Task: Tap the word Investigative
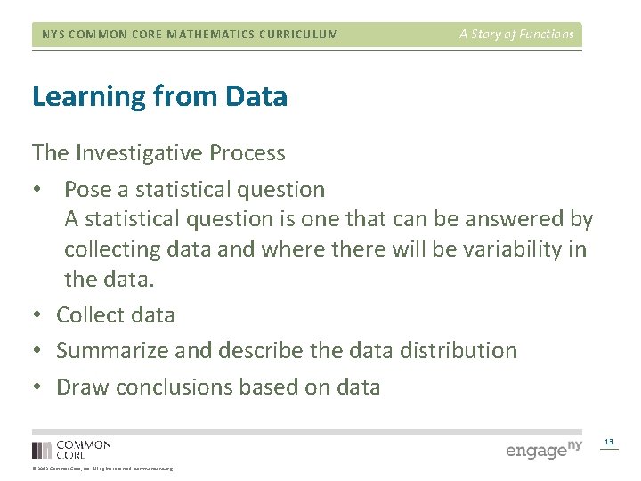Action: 140,153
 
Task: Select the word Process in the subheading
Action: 247,153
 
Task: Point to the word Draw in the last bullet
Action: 83,387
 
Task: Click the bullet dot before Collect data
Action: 37,315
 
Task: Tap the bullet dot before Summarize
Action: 37,352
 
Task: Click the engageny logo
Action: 543,449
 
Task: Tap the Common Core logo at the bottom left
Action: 71,449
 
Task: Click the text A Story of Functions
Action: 516,35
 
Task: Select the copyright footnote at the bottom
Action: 102,469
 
